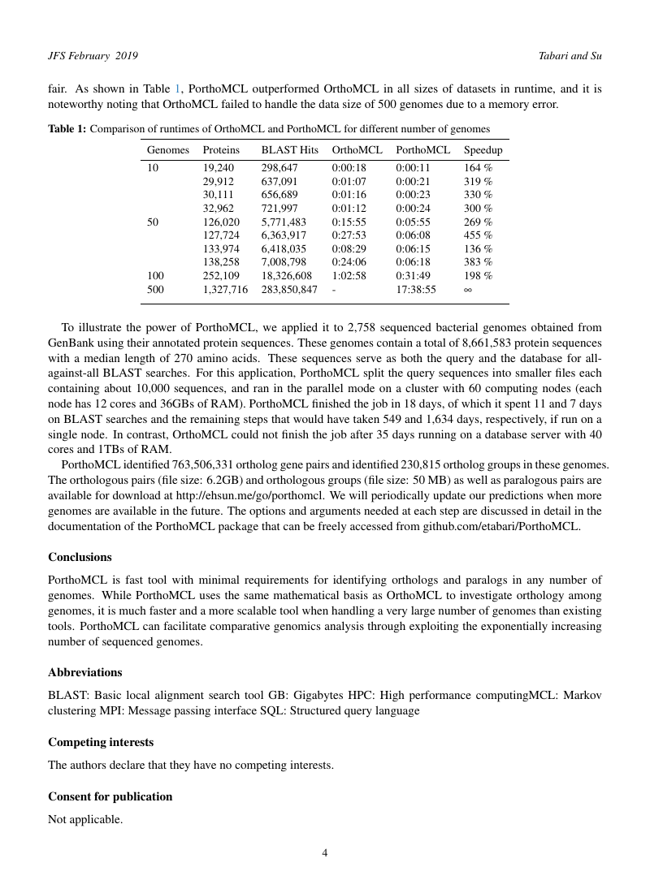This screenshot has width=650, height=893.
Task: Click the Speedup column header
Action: pyautogui.click(x=483, y=150)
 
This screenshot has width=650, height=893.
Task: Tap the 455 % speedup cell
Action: pyautogui.click(x=478, y=235)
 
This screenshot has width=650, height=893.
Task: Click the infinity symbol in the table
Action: pyautogui.click(x=468, y=289)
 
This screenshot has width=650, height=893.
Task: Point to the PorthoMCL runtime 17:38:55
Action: pyautogui.click(x=415, y=289)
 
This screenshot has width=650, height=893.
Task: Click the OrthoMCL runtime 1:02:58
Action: pyautogui.click(x=349, y=276)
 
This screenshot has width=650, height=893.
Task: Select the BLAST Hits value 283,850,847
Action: pyautogui.click(x=289, y=289)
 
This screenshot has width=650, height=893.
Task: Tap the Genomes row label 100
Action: pyautogui.click(x=155, y=276)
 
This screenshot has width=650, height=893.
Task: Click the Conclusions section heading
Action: pyautogui.click(x=80, y=558)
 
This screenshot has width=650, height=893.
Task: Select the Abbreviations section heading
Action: pyautogui.click(x=85, y=673)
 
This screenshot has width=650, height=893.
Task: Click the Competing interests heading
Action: pyautogui.click(x=101, y=743)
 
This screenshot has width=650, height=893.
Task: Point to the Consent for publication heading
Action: pyautogui.click(x=110, y=797)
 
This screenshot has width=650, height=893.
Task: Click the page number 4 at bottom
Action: pyautogui.click(x=325, y=853)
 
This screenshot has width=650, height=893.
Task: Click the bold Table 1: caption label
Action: pyautogui.click(x=67, y=129)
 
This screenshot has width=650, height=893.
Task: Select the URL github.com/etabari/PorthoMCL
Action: pyautogui.click(x=510, y=526)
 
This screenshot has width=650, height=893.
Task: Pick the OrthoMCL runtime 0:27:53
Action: pyautogui.click(x=349, y=235)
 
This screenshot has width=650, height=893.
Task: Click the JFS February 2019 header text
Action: pyautogui.click(x=93, y=55)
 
